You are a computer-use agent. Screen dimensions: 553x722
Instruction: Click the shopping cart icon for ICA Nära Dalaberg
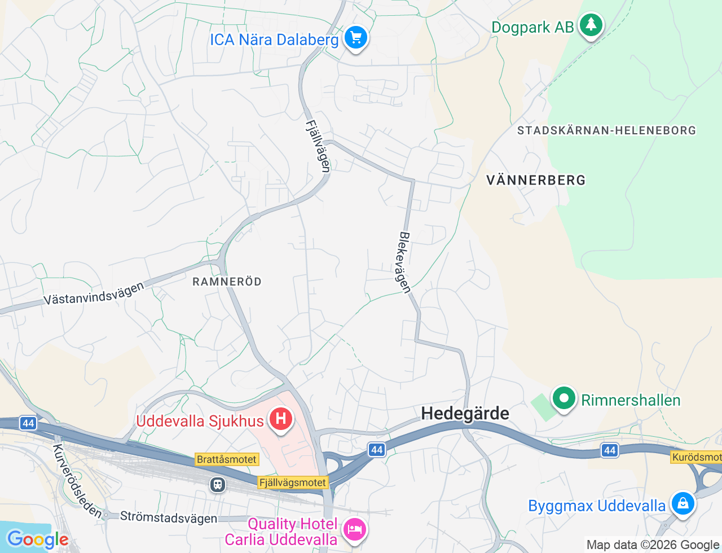[x=355, y=38]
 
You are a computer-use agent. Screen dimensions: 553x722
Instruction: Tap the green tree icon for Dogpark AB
[x=591, y=25]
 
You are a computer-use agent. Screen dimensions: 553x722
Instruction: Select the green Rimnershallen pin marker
[x=563, y=398]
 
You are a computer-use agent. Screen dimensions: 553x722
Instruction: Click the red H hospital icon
[x=280, y=419]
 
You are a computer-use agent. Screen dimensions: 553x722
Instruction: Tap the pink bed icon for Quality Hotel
[x=354, y=529]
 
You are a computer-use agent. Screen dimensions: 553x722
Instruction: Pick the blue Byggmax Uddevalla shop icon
[x=683, y=503]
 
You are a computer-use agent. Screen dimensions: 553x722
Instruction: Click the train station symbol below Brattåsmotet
[x=218, y=484]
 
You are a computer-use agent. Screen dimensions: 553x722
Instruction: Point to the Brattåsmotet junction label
[x=227, y=459]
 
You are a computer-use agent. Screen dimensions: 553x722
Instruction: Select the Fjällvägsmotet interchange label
[x=293, y=482]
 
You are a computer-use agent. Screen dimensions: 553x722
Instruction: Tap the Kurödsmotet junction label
[x=697, y=457]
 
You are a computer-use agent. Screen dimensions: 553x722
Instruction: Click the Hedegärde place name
[x=465, y=414]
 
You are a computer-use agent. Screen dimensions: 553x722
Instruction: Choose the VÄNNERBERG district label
[x=536, y=181]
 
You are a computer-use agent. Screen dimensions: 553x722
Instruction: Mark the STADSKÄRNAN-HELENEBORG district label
[x=606, y=130]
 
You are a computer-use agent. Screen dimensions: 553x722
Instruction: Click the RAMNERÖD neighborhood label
[x=227, y=282]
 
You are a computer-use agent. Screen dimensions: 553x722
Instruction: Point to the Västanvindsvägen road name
[x=94, y=294]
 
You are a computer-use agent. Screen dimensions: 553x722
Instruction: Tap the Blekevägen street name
[x=404, y=262]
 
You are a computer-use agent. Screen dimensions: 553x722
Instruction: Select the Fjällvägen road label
[x=318, y=146]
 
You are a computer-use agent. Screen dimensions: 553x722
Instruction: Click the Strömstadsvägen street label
[x=168, y=517]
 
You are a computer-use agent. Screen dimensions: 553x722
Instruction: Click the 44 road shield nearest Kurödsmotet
[x=610, y=450]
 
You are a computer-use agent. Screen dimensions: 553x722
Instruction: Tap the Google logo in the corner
[x=37, y=539]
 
